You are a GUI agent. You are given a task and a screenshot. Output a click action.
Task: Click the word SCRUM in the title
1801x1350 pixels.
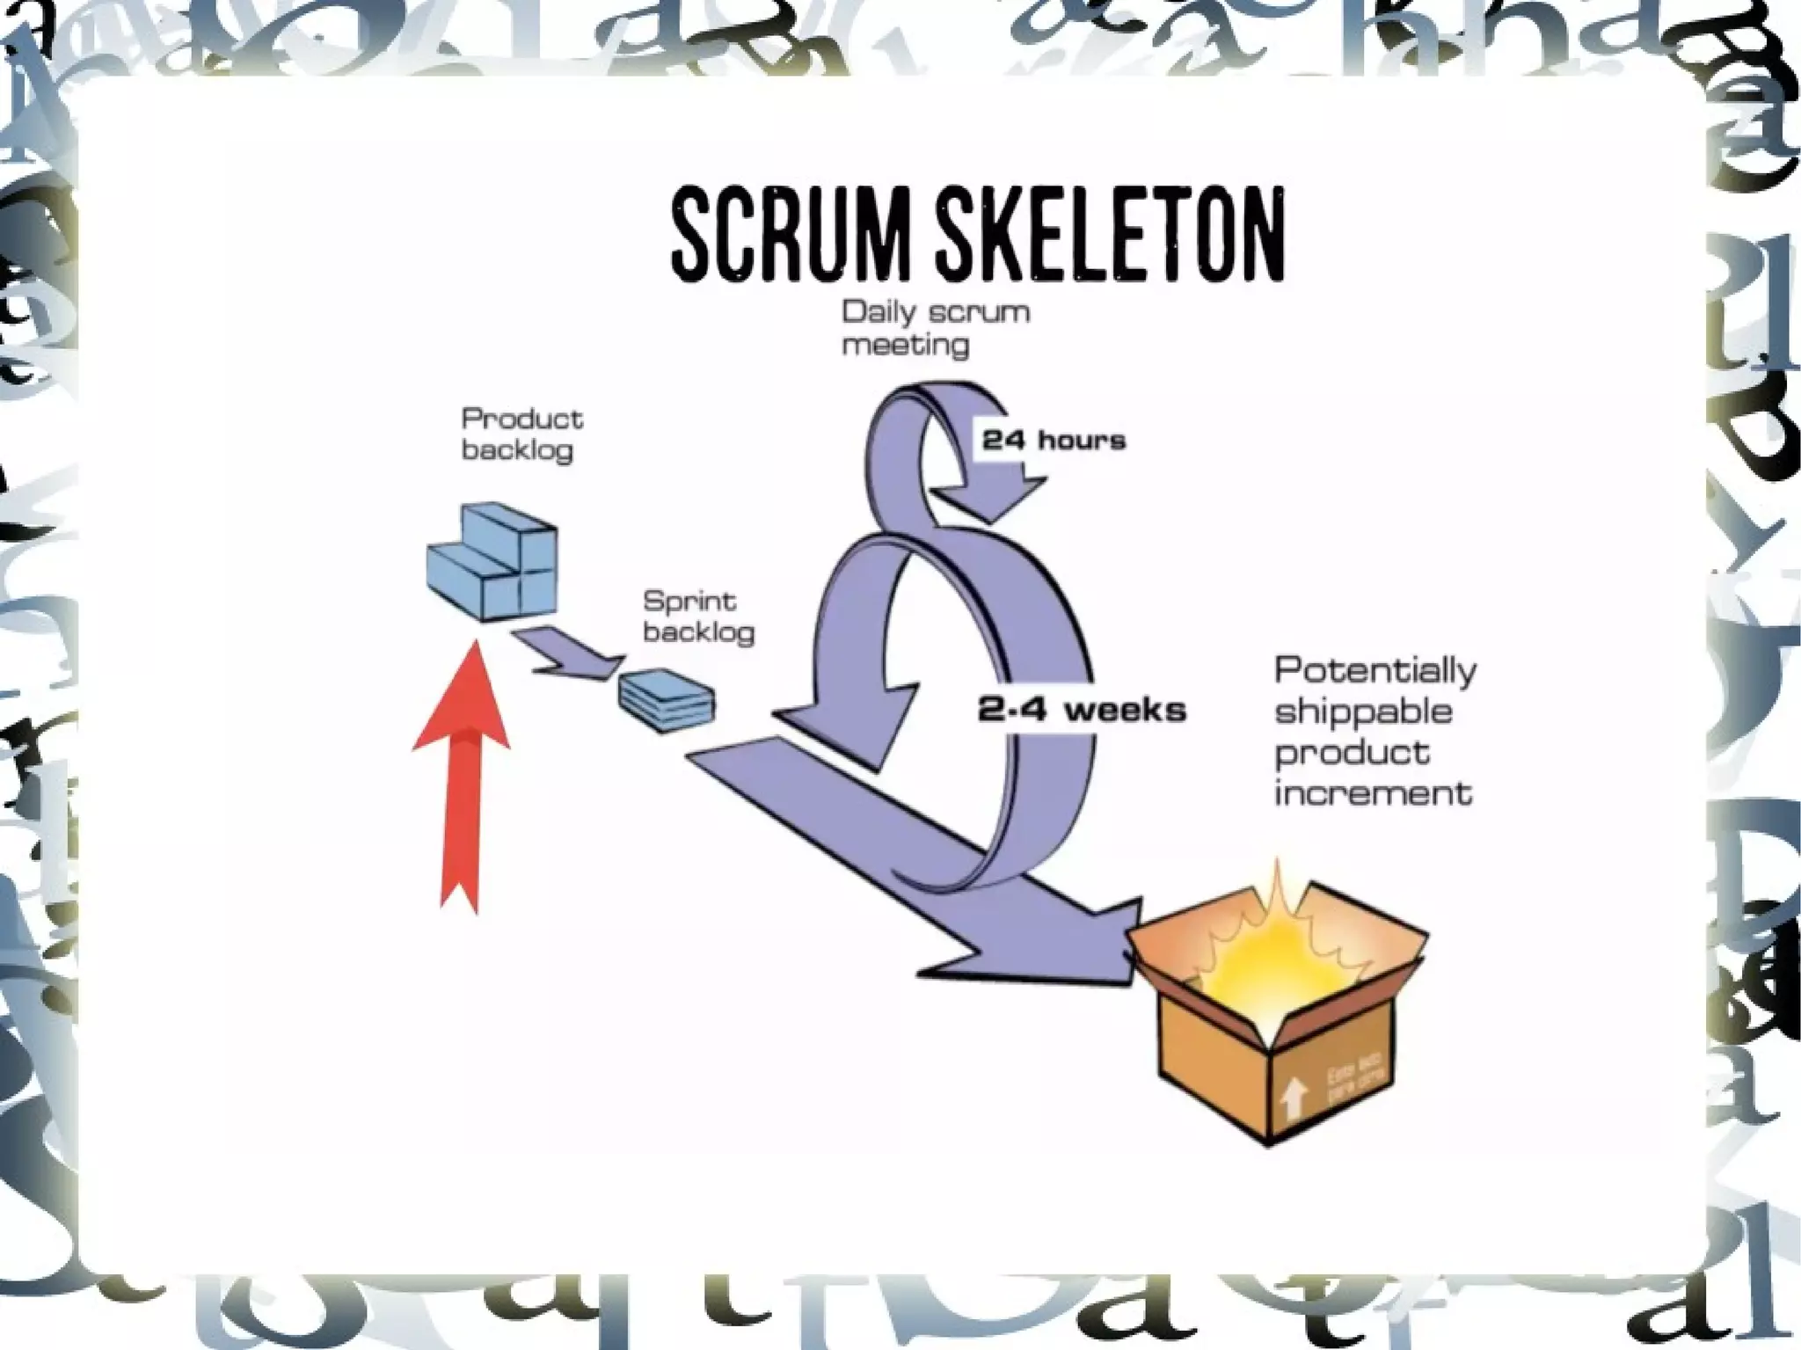coord(791,235)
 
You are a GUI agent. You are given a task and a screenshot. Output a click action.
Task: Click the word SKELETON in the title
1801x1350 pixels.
coord(1110,235)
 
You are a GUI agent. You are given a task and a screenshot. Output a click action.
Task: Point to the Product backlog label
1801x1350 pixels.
coord(521,434)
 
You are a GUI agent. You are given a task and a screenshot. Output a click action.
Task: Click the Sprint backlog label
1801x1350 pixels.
coord(698,617)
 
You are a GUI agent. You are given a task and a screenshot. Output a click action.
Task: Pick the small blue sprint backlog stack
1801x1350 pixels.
coord(667,700)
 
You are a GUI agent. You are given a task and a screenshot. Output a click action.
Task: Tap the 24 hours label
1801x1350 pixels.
coord(1054,440)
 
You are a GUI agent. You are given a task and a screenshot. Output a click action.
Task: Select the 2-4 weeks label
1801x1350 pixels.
coord(1082,710)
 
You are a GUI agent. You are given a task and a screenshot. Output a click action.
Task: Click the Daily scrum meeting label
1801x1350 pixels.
coord(935,328)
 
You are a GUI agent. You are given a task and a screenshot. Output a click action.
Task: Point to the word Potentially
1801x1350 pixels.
coord(1374,671)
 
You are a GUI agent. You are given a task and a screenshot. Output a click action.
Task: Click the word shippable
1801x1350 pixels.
coord(1363,711)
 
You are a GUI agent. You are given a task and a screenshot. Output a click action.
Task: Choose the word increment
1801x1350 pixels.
coord(1373,793)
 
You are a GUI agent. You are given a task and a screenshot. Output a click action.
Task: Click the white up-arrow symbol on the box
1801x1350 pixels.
coord(1292,1096)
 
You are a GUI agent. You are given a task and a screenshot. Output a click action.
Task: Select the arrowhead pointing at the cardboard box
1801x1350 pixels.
coord(1073,945)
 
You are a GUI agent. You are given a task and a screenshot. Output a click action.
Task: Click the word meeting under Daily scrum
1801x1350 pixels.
coord(905,345)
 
